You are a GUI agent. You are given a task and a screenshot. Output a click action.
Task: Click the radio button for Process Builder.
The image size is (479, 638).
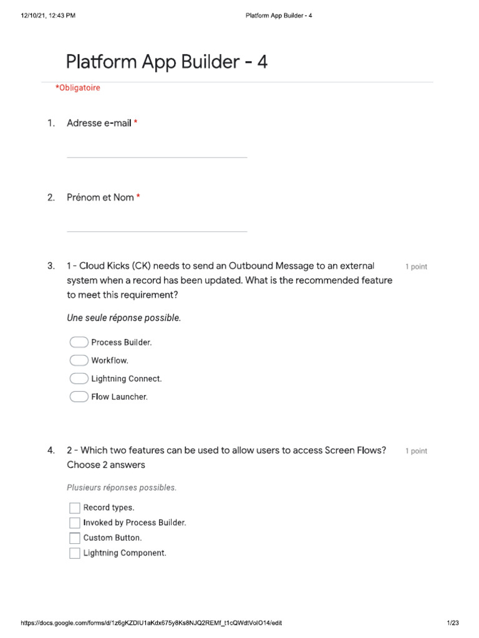pyautogui.click(x=79, y=342)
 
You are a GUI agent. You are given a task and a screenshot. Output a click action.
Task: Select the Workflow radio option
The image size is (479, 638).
pyautogui.click(x=79, y=360)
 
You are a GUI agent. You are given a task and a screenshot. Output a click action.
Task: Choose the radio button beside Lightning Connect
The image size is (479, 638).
pyautogui.click(x=79, y=378)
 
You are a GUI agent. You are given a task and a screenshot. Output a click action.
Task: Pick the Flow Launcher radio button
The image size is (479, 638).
pyautogui.click(x=79, y=396)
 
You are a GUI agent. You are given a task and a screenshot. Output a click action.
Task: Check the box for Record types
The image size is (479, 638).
pyautogui.click(x=75, y=508)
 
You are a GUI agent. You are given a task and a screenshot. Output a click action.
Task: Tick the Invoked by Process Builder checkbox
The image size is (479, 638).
pyautogui.click(x=75, y=523)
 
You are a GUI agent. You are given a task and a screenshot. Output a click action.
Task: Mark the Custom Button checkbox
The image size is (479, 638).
pyautogui.click(x=75, y=538)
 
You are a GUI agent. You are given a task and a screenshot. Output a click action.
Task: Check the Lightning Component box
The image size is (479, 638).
pyautogui.click(x=75, y=553)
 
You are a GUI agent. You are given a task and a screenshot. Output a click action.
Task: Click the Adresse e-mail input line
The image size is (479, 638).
pyautogui.click(x=157, y=152)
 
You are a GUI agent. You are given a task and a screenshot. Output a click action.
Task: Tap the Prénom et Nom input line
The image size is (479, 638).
pyautogui.click(x=157, y=226)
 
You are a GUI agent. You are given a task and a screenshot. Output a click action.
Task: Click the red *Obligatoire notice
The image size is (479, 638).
pyautogui.click(x=77, y=88)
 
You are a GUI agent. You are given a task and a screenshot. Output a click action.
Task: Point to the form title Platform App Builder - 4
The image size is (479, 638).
pyautogui.click(x=167, y=62)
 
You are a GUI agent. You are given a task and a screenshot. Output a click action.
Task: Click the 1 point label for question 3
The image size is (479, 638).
pyautogui.click(x=416, y=267)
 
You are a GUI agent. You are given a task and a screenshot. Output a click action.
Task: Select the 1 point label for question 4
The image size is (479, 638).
pyautogui.click(x=416, y=451)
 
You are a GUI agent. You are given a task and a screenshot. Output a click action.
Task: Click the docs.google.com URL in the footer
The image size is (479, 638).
pyautogui.click(x=155, y=623)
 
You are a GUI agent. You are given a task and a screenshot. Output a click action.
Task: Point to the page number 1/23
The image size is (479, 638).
pyautogui.click(x=453, y=623)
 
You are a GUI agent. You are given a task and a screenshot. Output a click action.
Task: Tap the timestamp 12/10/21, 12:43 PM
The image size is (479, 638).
pyautogui.click(x=48, y=15)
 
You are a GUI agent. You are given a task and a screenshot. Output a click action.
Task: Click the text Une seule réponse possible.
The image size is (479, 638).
pyautogui.click(x=124, y=318)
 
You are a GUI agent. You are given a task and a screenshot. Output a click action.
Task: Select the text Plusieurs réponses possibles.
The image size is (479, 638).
pyautogui.click(x=122, y=488)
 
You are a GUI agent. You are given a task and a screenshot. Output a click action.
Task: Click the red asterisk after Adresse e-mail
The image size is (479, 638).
pyautogui.click(x=135, y=123)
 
